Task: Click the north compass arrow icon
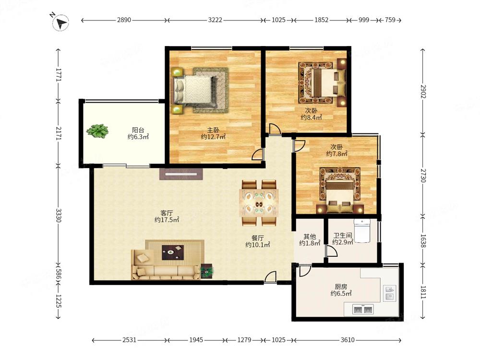pyautogui.click(x=60, y=23)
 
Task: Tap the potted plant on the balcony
pyautogui.click(x=97, y=131)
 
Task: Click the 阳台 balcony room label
pyautogui.click(x=138, y=130)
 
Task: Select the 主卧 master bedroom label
pyautogui.click(x=213, y=130)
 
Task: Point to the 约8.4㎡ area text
pyautogui.click(x=312, y=118)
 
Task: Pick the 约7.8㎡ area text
pyautogui.click(x=337, y=154)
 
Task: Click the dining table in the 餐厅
pyautogui.click(x=259, y=203)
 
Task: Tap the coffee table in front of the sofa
pyautogui.click(x=173, y=252)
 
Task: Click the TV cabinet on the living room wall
pyautogui.click(x=181, y=174)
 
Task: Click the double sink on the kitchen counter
pyautogui.click(x=363, y=310)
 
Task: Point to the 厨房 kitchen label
pyautogui.click(x=341, y=287)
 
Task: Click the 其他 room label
pyautogui.click(x=310, y=236)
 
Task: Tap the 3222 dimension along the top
pyautogui.click(x=215, y=20)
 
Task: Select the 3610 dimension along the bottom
pyautogui.click(x=348, y=340)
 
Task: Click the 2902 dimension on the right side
pyautogui.click(x=423, y=92)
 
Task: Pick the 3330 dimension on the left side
pyautogui.click(x=58, y=216)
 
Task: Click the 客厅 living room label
pyautogui.click(x=167, y=213)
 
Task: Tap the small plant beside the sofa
pyautogui.click(x=207, y=271)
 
